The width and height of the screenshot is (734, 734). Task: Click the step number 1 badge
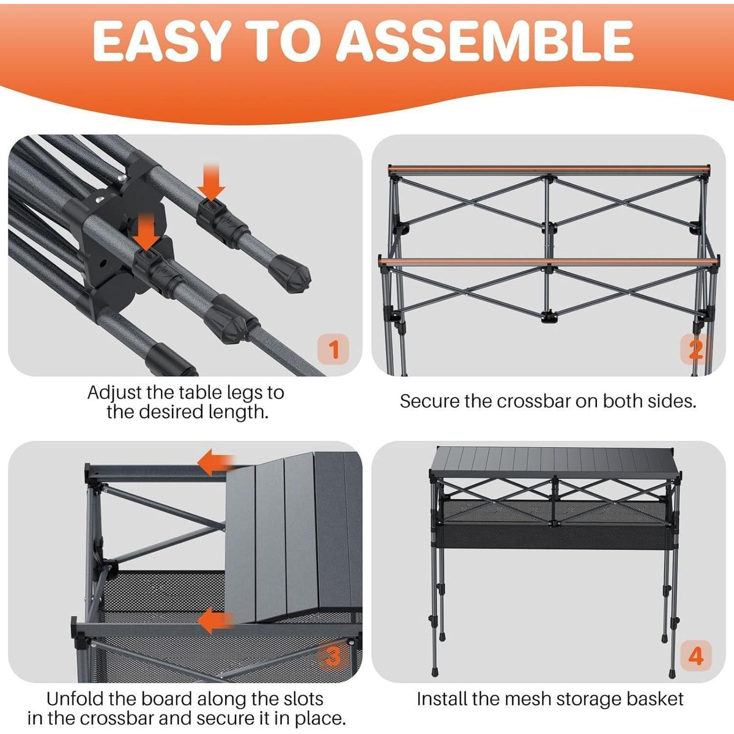point(333,349)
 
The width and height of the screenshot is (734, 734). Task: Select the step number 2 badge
point(696,349)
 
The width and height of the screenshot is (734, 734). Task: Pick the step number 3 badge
point(333,656)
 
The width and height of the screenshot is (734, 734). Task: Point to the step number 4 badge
point(696,656)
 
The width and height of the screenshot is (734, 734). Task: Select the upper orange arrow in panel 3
point(216,462)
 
